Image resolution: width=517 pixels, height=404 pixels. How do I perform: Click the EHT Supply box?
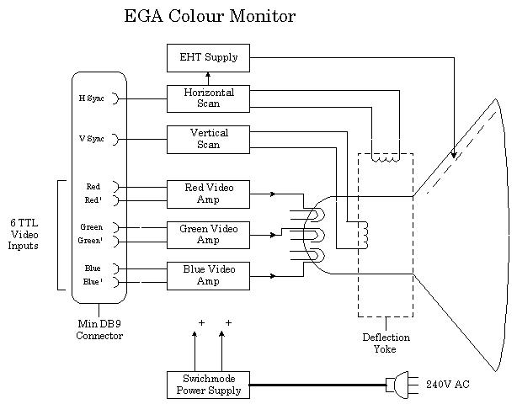pos(208,57)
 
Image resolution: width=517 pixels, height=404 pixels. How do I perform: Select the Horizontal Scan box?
pos(208,98)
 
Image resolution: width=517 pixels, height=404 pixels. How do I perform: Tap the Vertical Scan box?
pos(208,139)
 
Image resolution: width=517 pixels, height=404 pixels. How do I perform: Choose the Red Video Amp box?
pos(208,193)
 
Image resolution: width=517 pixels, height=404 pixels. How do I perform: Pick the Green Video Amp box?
pos(208,234)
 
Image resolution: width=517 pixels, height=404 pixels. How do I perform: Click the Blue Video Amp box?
pos(208,275)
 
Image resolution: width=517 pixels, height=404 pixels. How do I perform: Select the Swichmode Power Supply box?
pos(208,384)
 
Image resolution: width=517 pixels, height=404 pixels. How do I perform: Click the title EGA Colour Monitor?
pos(210,16)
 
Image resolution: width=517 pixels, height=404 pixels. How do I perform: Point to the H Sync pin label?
pos(91,98)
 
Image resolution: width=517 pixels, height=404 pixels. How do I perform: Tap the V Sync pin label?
pos(91,139)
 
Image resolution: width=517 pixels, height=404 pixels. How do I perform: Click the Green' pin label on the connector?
pos(91,241)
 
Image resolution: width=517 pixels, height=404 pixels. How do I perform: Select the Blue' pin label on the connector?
pos(92,282)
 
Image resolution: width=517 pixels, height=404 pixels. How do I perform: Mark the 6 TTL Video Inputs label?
pos(24,234)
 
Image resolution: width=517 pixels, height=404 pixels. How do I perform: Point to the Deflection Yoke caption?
pos(385,343)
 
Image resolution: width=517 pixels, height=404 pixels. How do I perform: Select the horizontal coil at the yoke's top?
pos(386,157)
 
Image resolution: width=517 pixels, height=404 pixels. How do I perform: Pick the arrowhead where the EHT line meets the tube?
pos(454,155)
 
